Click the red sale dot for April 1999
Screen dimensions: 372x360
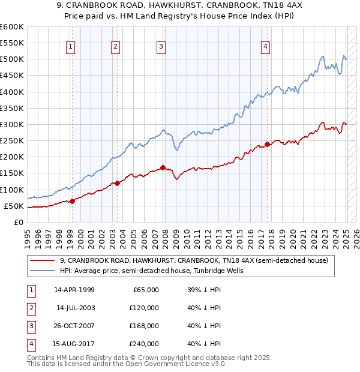pyautogui.click(x=72, y=201)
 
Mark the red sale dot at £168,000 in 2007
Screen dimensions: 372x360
pyautogui.click(x=163, y=167)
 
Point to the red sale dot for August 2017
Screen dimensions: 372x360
pyautogui.click(x=267, y=144)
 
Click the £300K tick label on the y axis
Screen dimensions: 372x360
pyautogui.click(x=11, y=125)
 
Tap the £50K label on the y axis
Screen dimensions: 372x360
pyautogui.click(x=14, y=206)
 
